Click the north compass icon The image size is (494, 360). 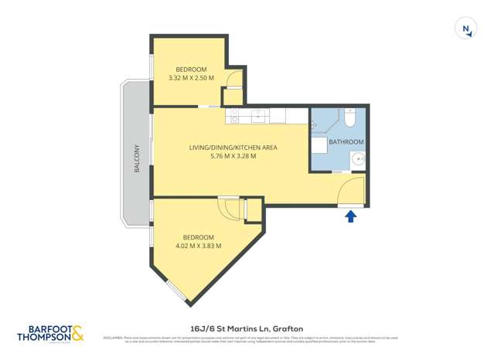[x=466, y=29]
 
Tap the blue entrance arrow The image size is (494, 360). [x=350, y=217]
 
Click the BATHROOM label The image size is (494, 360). [x=346, y=142]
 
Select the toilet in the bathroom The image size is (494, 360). [x=350, y=119]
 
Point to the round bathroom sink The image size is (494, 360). [x=358, y=160]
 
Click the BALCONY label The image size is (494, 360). [x=136, y=158]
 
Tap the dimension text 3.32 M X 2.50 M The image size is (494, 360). [x=190, y=77]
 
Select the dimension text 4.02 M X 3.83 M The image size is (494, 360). [x=199, y=246]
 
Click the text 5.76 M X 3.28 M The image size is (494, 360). [x=233, y=156]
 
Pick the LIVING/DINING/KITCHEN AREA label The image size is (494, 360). [x=233, y=147]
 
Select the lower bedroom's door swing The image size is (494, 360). [x=229, y=206]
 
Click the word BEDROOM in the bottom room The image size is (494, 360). [x=199, y=236]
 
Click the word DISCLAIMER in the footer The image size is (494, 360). [x=114, y=337]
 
